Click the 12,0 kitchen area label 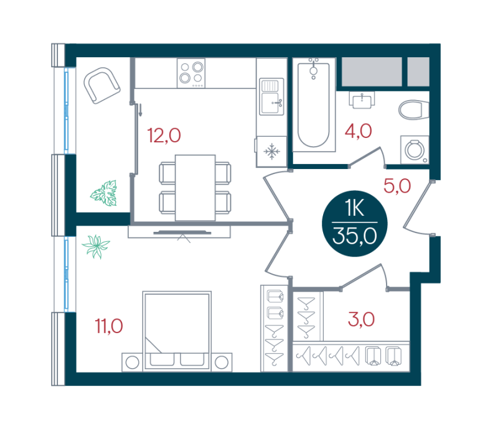click(x=164, y=136)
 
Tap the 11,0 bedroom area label click(x=109, y=326)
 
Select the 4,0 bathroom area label click(x=359, y=131)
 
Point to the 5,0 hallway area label click(x=397, y=186)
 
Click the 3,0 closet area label click(x=362, y=319)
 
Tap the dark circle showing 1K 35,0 click(x=355, y=223)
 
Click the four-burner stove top click(x=191, y=73)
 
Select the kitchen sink click(x=271, y=97)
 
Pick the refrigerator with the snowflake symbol click(x=271, y=152)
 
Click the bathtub click(x=314, y=104)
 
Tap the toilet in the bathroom click(x=414, y=110)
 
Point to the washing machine click(x=415, y=150)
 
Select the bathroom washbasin click(x=362, y=100)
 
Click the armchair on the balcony click(x=101, y=85)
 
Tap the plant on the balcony click(x=104, y=193)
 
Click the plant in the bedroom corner click(x=96, y=246)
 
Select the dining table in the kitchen click(x=195, y=188)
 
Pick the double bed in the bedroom click(x=177, y=331)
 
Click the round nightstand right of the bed click(x=222, y=362)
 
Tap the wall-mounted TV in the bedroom click(x=182, y=233)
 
